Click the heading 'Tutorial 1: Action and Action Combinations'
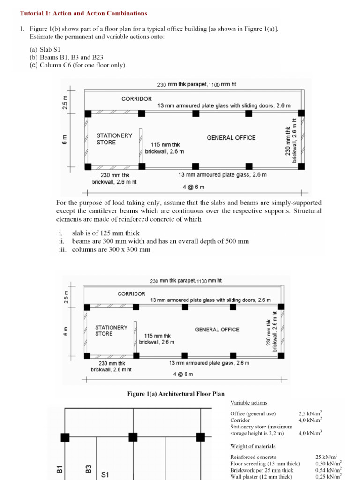(83, 14)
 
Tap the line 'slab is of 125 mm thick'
(105, 233)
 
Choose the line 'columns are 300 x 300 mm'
(111, 250)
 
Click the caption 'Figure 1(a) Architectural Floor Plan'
(176, 394)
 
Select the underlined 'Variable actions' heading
(248, 403)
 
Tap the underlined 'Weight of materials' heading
(253, 446)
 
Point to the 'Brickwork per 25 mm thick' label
(262, 470)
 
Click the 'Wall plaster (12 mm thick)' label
(261, 477)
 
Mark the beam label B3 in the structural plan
(88, 469)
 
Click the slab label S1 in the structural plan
(105, 474)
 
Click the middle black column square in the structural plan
(133, 437)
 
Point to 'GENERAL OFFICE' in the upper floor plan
(231, 138)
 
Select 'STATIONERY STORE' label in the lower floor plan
(111, 330)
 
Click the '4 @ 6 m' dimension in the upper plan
(194, 187)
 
